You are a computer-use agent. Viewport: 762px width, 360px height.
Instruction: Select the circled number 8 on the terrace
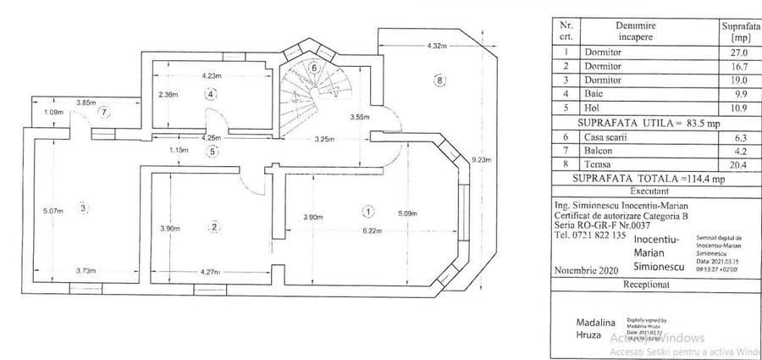[x=438, y=81]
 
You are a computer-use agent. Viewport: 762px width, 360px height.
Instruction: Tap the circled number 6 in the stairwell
[x=314, y=68]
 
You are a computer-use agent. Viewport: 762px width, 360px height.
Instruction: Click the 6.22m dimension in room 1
[x=371, y=230]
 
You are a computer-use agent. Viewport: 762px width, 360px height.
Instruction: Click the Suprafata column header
[x=738, y=32]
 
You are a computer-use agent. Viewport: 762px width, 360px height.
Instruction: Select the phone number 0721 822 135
[x=592, y=236]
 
